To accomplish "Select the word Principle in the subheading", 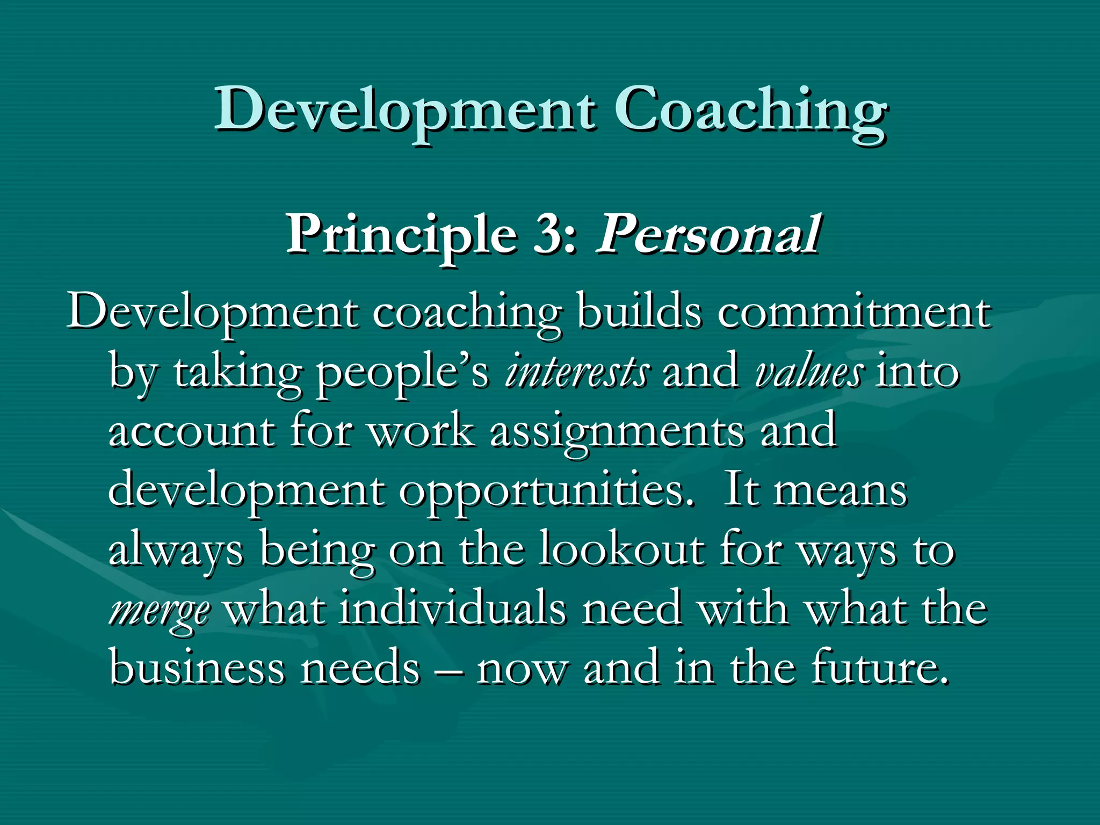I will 400,235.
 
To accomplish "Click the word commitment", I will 853,313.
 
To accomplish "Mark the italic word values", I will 809,372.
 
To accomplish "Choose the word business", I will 197,668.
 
